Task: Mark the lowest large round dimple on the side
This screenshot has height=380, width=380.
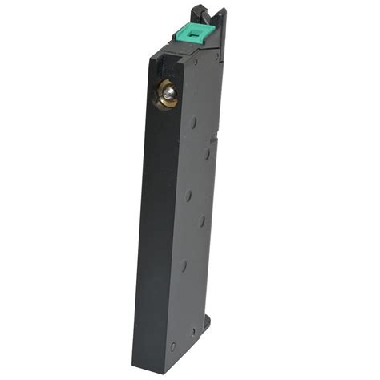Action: pyautogui.click(x=184, y=264)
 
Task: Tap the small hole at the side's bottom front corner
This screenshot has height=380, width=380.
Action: pyautogui.click(x=172, y=348)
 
